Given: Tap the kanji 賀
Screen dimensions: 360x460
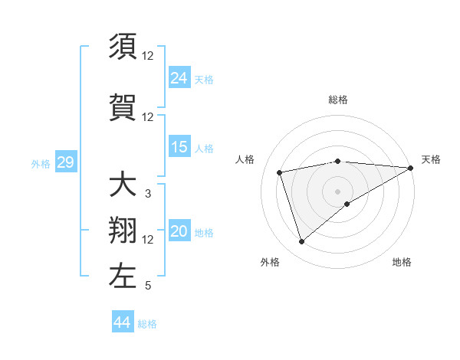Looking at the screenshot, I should click(123, 106).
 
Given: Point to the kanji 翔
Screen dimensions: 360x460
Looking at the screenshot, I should click(123, 230).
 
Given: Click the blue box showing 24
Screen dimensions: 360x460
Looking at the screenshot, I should click(179, 78).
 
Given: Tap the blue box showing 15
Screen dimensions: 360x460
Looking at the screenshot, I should click(179, 148).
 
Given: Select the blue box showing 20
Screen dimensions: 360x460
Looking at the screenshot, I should click(179, 232).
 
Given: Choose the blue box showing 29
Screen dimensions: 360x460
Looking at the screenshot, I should click(65, 162).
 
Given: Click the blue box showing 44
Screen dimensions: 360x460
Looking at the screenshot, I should click(123, 322).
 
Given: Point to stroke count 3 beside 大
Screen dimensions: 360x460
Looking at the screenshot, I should click(148, 194).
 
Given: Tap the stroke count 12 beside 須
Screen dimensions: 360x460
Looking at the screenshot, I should click(148, 56).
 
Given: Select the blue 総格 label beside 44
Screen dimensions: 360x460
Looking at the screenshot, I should click(147, 324).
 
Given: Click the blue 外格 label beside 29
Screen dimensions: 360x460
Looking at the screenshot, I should click(41, 163).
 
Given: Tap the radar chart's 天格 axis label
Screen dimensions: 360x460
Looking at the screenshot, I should click(431, 159).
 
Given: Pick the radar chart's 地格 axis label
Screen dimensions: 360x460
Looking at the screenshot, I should click(402, 262).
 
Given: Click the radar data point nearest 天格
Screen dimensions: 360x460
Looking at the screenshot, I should click(411, 168).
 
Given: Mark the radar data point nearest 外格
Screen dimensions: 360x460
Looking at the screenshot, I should click(301, 242).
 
